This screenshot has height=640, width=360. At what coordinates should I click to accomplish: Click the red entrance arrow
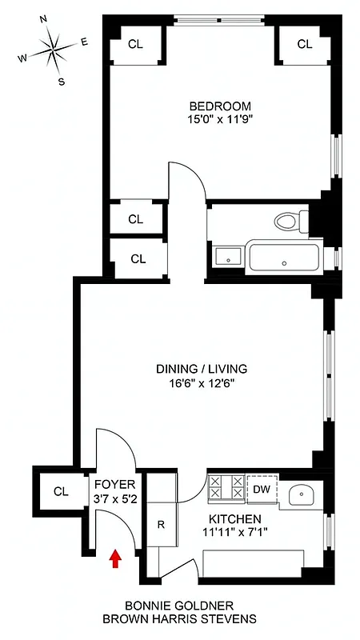pyautogui.click(x=115, y=558)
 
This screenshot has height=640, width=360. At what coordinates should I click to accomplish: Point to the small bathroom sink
pyautogui.click(x=225, y=257)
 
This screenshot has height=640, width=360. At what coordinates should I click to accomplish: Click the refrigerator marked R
pyautogui.click(x=161, y=526)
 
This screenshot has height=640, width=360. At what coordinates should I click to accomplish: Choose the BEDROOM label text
pyautogui.click(x=220, y=106)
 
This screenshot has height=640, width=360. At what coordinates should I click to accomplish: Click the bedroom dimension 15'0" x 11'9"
pyautogui.click(x=220, y=120)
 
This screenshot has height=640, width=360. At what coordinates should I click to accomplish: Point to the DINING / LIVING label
pyautogui.click(x=202, y=369)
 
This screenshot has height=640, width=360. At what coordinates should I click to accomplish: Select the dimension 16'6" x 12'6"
pyautogui.click(x=202, y=382)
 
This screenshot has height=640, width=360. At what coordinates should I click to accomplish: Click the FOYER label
pyautogui.click(x=114, y=485)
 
